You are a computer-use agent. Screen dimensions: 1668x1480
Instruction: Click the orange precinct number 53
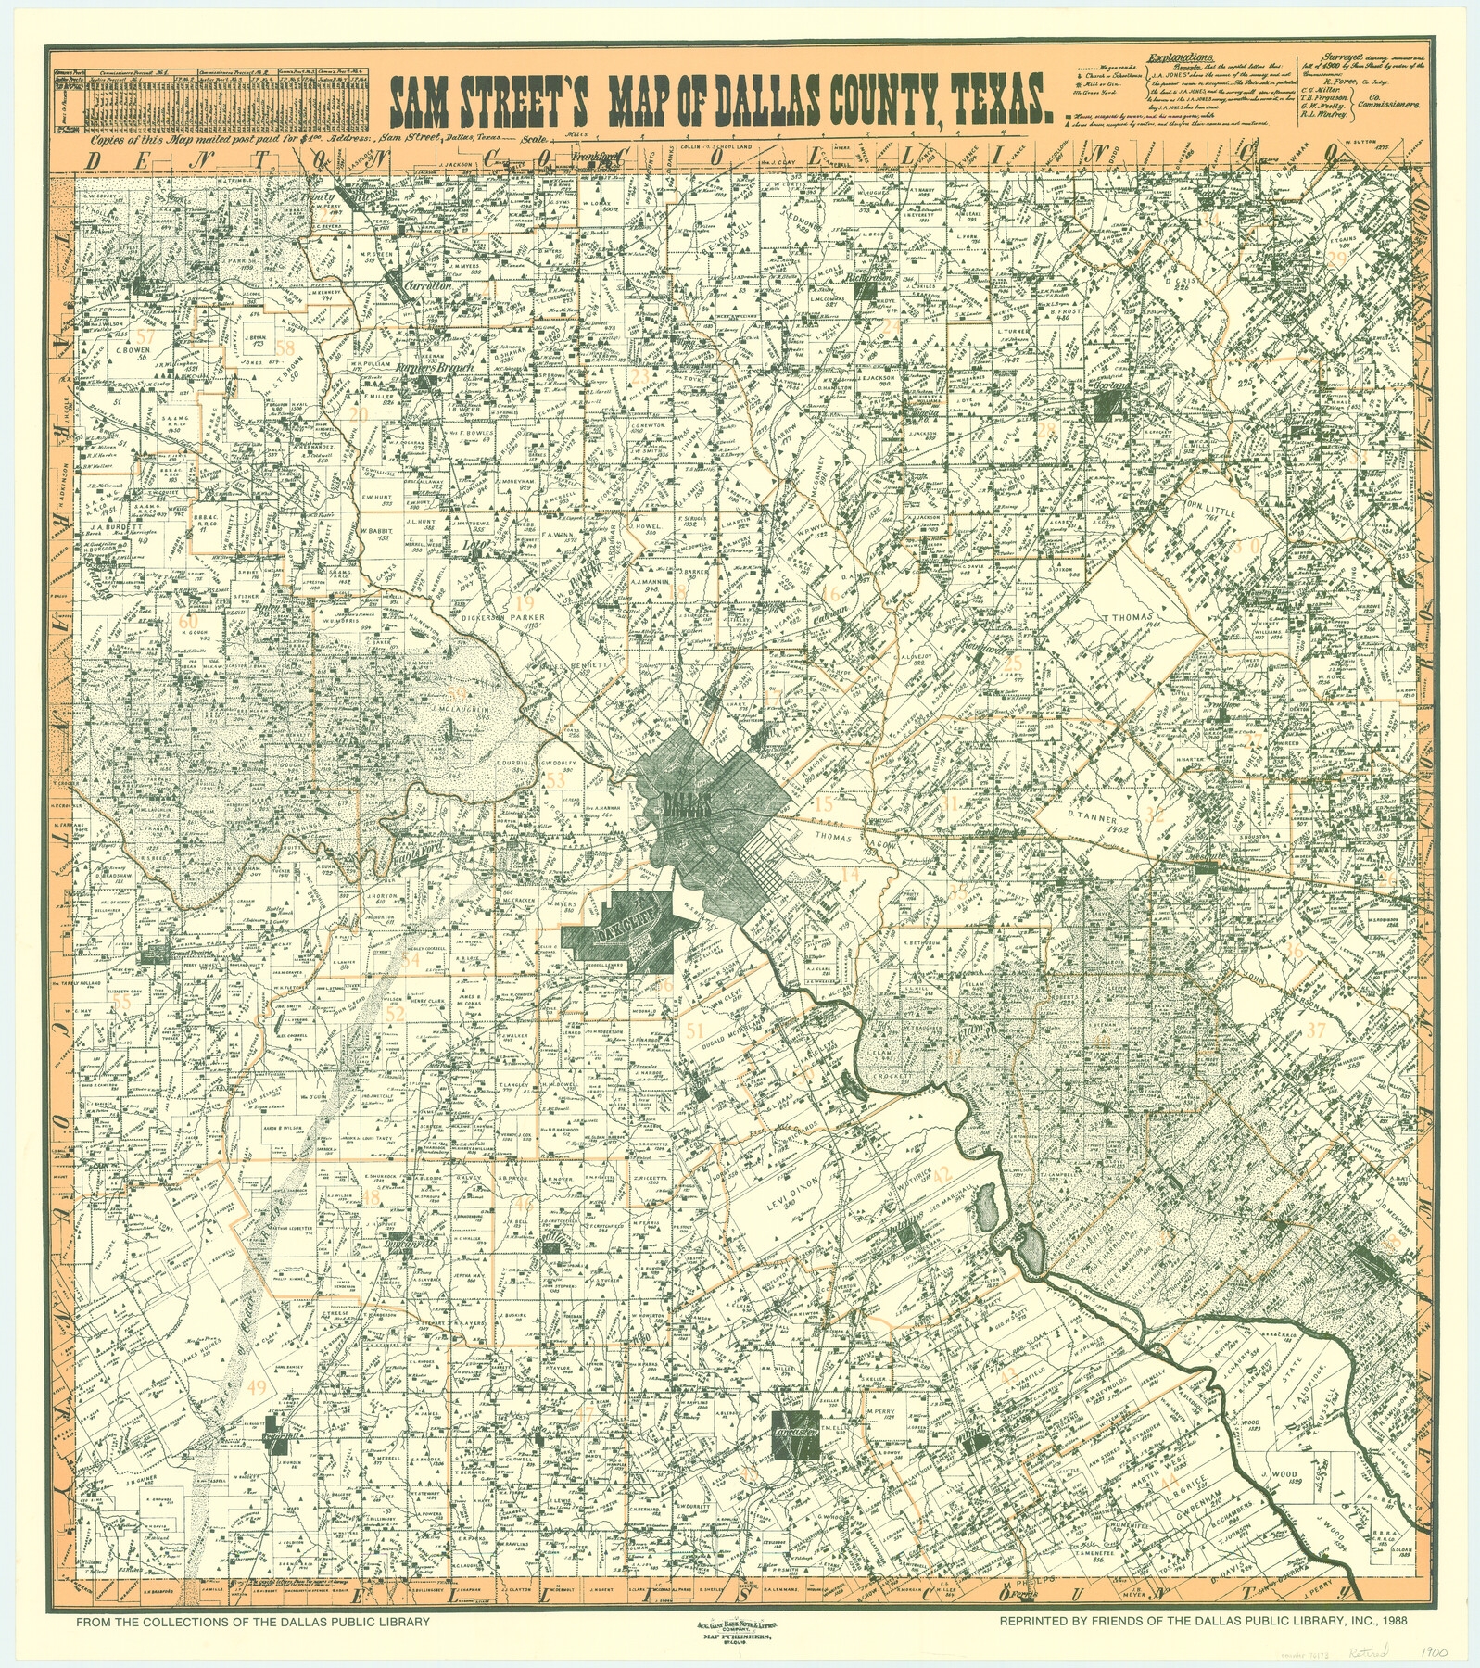(x=555, y=781)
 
